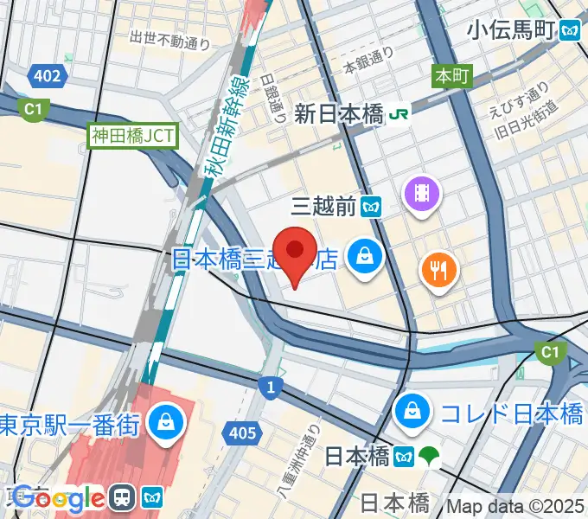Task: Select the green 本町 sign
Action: [451, 76]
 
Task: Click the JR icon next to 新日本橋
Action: [399, 112]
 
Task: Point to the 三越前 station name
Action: [323, 207]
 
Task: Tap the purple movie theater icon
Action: [421, 191]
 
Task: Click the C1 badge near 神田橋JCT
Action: [33, 110]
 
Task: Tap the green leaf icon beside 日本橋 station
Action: [428, 456]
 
